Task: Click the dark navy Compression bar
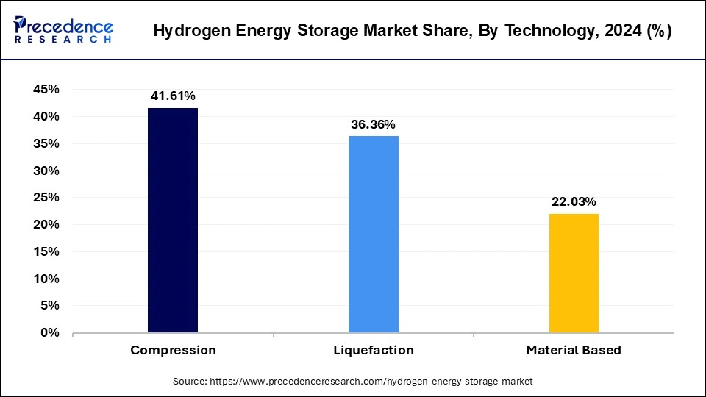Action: point(173,221)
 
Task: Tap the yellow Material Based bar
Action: point(574,273)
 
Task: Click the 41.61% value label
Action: point(173,96)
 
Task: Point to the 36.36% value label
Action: point(374,124)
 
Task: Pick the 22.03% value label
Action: point(574,201)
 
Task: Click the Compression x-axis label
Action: point(173,350)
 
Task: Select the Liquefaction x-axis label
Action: point(374,350)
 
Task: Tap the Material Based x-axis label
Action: point(574,350)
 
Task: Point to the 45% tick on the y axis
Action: point(46,90)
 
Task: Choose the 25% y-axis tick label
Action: point(46,198)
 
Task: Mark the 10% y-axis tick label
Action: point(46,279)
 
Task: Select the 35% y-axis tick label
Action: point(46,143)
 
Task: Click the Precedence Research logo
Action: point(63,30)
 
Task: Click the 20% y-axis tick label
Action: point(46,225)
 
